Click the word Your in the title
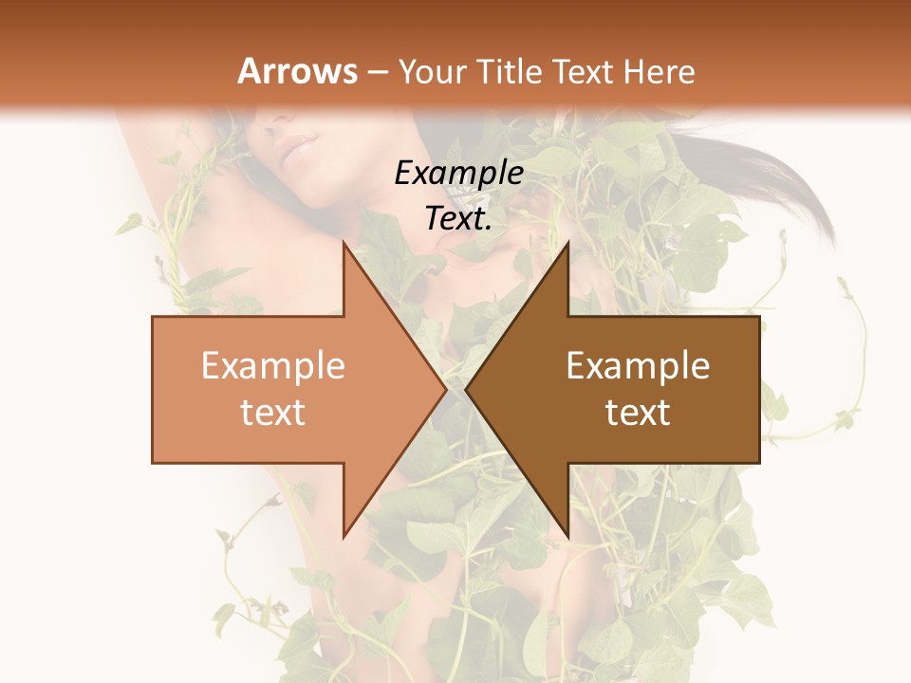pyautogui.click(x=432, y=72)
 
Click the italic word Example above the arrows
pyautogui.click(x=459, y=173)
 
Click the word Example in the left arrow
pyautogui.click(x=273, y=366)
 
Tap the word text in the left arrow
pyautogui.click(x=273, y=413)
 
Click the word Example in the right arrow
pyautogui.click(x=638, y=366)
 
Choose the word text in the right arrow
pyautogui.click(x=638, y=413)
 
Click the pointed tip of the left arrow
pyautogui.click(x=443, y=389)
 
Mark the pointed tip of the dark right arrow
pyautogui.click(x=468, y=389)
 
